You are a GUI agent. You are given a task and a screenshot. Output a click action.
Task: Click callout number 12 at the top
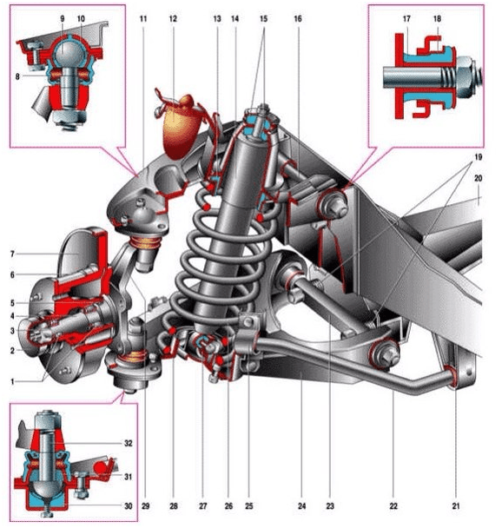tap(173, 18)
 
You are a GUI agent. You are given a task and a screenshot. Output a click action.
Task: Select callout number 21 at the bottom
tap(456, 505)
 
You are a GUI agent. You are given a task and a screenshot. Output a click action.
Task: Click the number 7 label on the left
tap(12, 254)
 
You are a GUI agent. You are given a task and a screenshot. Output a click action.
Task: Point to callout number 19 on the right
tap(478, 157)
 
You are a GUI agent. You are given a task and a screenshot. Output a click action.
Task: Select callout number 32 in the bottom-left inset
tap(129, 443)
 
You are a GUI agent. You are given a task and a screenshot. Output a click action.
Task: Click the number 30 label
tap(129, 505)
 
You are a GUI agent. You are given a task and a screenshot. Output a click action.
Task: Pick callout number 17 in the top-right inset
tap(406, 18)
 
